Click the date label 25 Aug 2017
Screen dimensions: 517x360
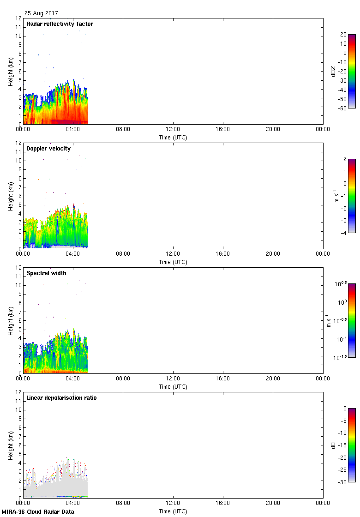42,13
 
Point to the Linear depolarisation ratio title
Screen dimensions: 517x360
61,398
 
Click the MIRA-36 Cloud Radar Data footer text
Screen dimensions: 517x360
38,511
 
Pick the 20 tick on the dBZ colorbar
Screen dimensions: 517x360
343,35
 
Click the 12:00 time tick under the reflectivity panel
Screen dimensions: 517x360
173,130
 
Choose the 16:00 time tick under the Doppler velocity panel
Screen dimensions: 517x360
223,254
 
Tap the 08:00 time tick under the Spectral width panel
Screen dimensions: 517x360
123,379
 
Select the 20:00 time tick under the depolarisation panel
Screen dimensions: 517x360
273,504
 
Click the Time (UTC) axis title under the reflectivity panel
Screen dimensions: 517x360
173,138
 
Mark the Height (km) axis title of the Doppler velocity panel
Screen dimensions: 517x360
10,196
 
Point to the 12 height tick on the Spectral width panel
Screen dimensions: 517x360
18,268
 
